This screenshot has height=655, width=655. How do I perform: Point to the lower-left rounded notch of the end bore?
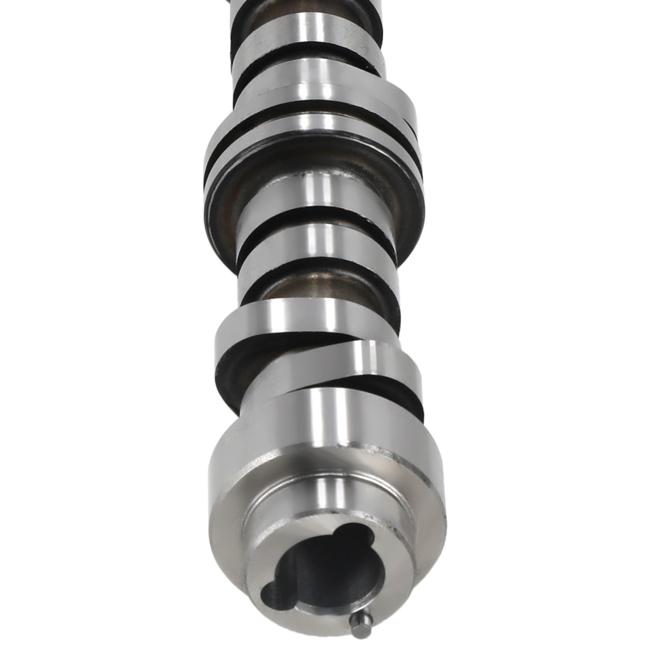pos(273,595)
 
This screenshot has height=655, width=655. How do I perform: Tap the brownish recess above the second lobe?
pos(314,282)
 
